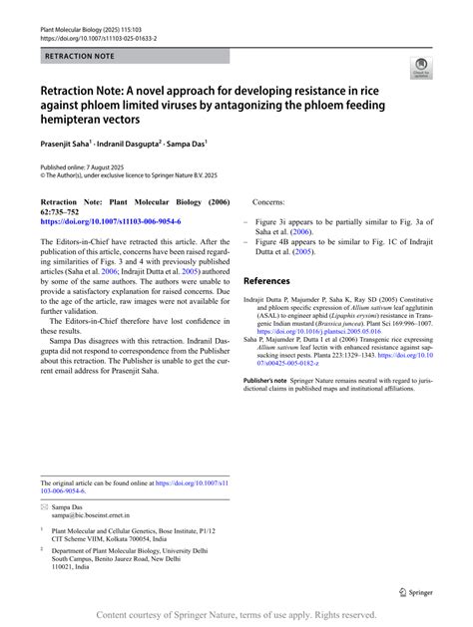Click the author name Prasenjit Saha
[x=71, y=144]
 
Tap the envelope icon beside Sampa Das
[x=44, y=507]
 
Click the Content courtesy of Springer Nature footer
[x=236, y=618]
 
